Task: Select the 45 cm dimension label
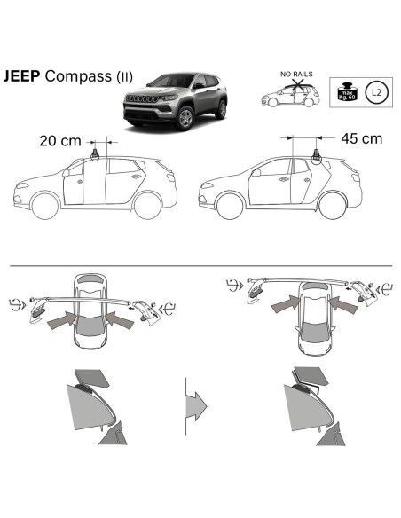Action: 361,138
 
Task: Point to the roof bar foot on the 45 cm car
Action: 315,157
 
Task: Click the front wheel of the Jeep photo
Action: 184,119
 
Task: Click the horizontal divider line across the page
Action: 200,263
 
